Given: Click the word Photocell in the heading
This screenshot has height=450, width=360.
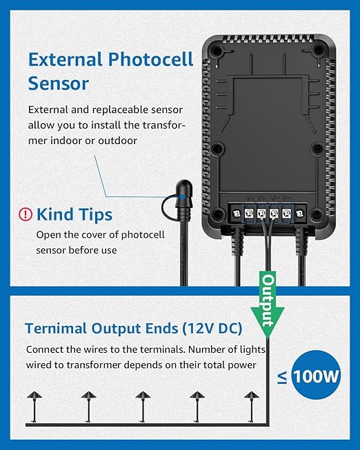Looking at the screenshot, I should pos(150,59).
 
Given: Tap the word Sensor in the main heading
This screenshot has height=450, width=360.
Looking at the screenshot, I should pos(59,84).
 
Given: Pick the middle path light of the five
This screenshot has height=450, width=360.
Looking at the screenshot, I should pos(143,406).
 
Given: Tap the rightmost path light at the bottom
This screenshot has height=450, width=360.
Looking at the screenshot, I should pos(251,406).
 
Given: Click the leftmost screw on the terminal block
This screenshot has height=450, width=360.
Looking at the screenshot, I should pos(237,214).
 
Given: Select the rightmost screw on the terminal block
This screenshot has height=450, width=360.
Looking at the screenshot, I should pos(299,214).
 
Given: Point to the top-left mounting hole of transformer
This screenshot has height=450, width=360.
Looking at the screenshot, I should pos(217,51).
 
